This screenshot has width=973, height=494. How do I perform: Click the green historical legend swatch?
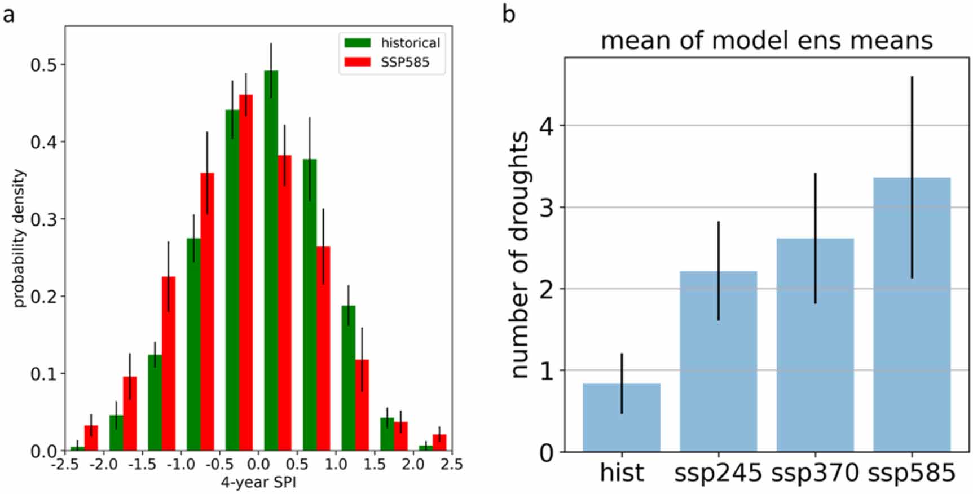click(358, 43)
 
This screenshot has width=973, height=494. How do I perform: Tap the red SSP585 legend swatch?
click(358, 62)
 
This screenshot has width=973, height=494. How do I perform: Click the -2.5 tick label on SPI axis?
click(64, 465)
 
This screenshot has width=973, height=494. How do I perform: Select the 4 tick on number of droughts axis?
click(546, 126)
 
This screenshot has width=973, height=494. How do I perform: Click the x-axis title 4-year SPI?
click(258, 483)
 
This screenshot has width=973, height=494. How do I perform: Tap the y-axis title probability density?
click(19, 238)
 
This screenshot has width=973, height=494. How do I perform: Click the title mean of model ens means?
click(767, 41)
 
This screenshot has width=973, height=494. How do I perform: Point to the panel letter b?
click(508, 14)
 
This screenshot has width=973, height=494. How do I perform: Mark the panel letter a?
click(8, 14)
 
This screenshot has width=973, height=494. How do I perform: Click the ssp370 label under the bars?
click(815, 473)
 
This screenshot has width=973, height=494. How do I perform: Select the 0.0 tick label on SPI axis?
click(258, 465)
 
